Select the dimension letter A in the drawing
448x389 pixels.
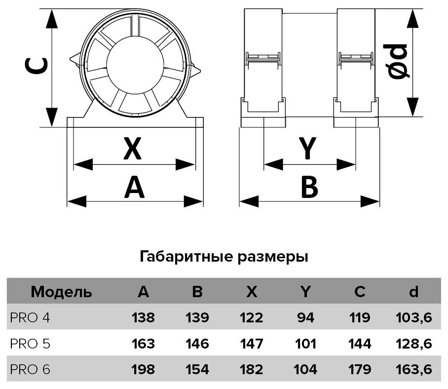point(134,188)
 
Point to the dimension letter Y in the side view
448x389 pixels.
point(307,149)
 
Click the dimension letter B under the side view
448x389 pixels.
point(309,188)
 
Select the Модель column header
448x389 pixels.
point(61,292)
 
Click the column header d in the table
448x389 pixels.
point(413,292)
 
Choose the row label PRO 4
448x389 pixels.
point(30,317)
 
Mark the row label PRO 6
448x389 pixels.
point(30,369)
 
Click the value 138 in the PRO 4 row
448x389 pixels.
point(143,317)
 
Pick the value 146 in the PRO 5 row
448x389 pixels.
point(197,343)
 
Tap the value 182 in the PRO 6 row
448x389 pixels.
point(251,369)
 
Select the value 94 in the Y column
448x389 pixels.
point(306,317)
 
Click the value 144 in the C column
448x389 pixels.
point(360,343)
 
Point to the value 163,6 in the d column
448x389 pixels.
point(414,369)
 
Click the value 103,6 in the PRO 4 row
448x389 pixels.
point(414,317)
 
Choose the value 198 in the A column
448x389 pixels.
point(143,369)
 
